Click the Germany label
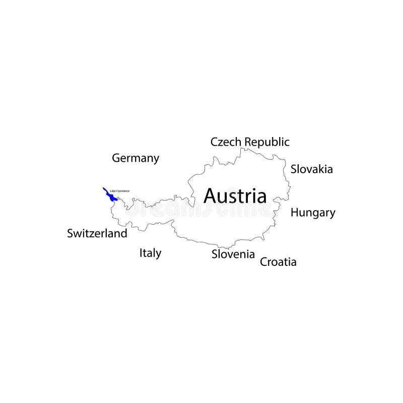[x=135, y=158]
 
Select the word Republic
[x=267, y=143]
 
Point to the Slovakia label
[x=311, y=169]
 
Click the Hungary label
[x=312, y=213]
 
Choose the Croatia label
[x=278, y=262]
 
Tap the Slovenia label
[x=233, y=254]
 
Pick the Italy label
[x=150, y=253]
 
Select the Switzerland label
[x=97, y=234]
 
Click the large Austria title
[x=235, y=196]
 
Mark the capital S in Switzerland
[x=71, y=234]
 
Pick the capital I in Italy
[x=141, y=253]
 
